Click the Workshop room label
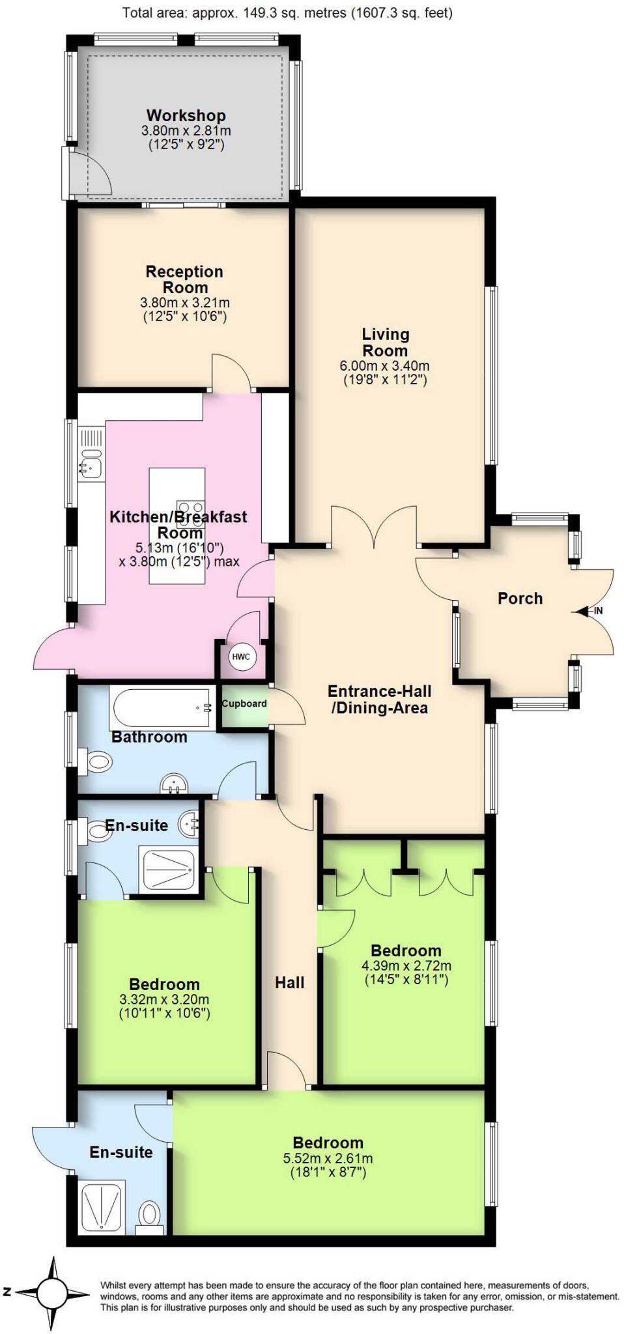(186, 115)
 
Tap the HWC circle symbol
(241, 657)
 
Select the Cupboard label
(244, 703)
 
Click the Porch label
(520, 598)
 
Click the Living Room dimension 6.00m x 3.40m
(385, 366)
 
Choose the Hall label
(289, 982)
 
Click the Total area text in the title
(287, 12)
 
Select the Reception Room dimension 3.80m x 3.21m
(184, 303)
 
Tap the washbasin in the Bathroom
(174, 784)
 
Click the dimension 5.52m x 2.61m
(328, 1158)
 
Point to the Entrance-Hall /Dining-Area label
(379, 699)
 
